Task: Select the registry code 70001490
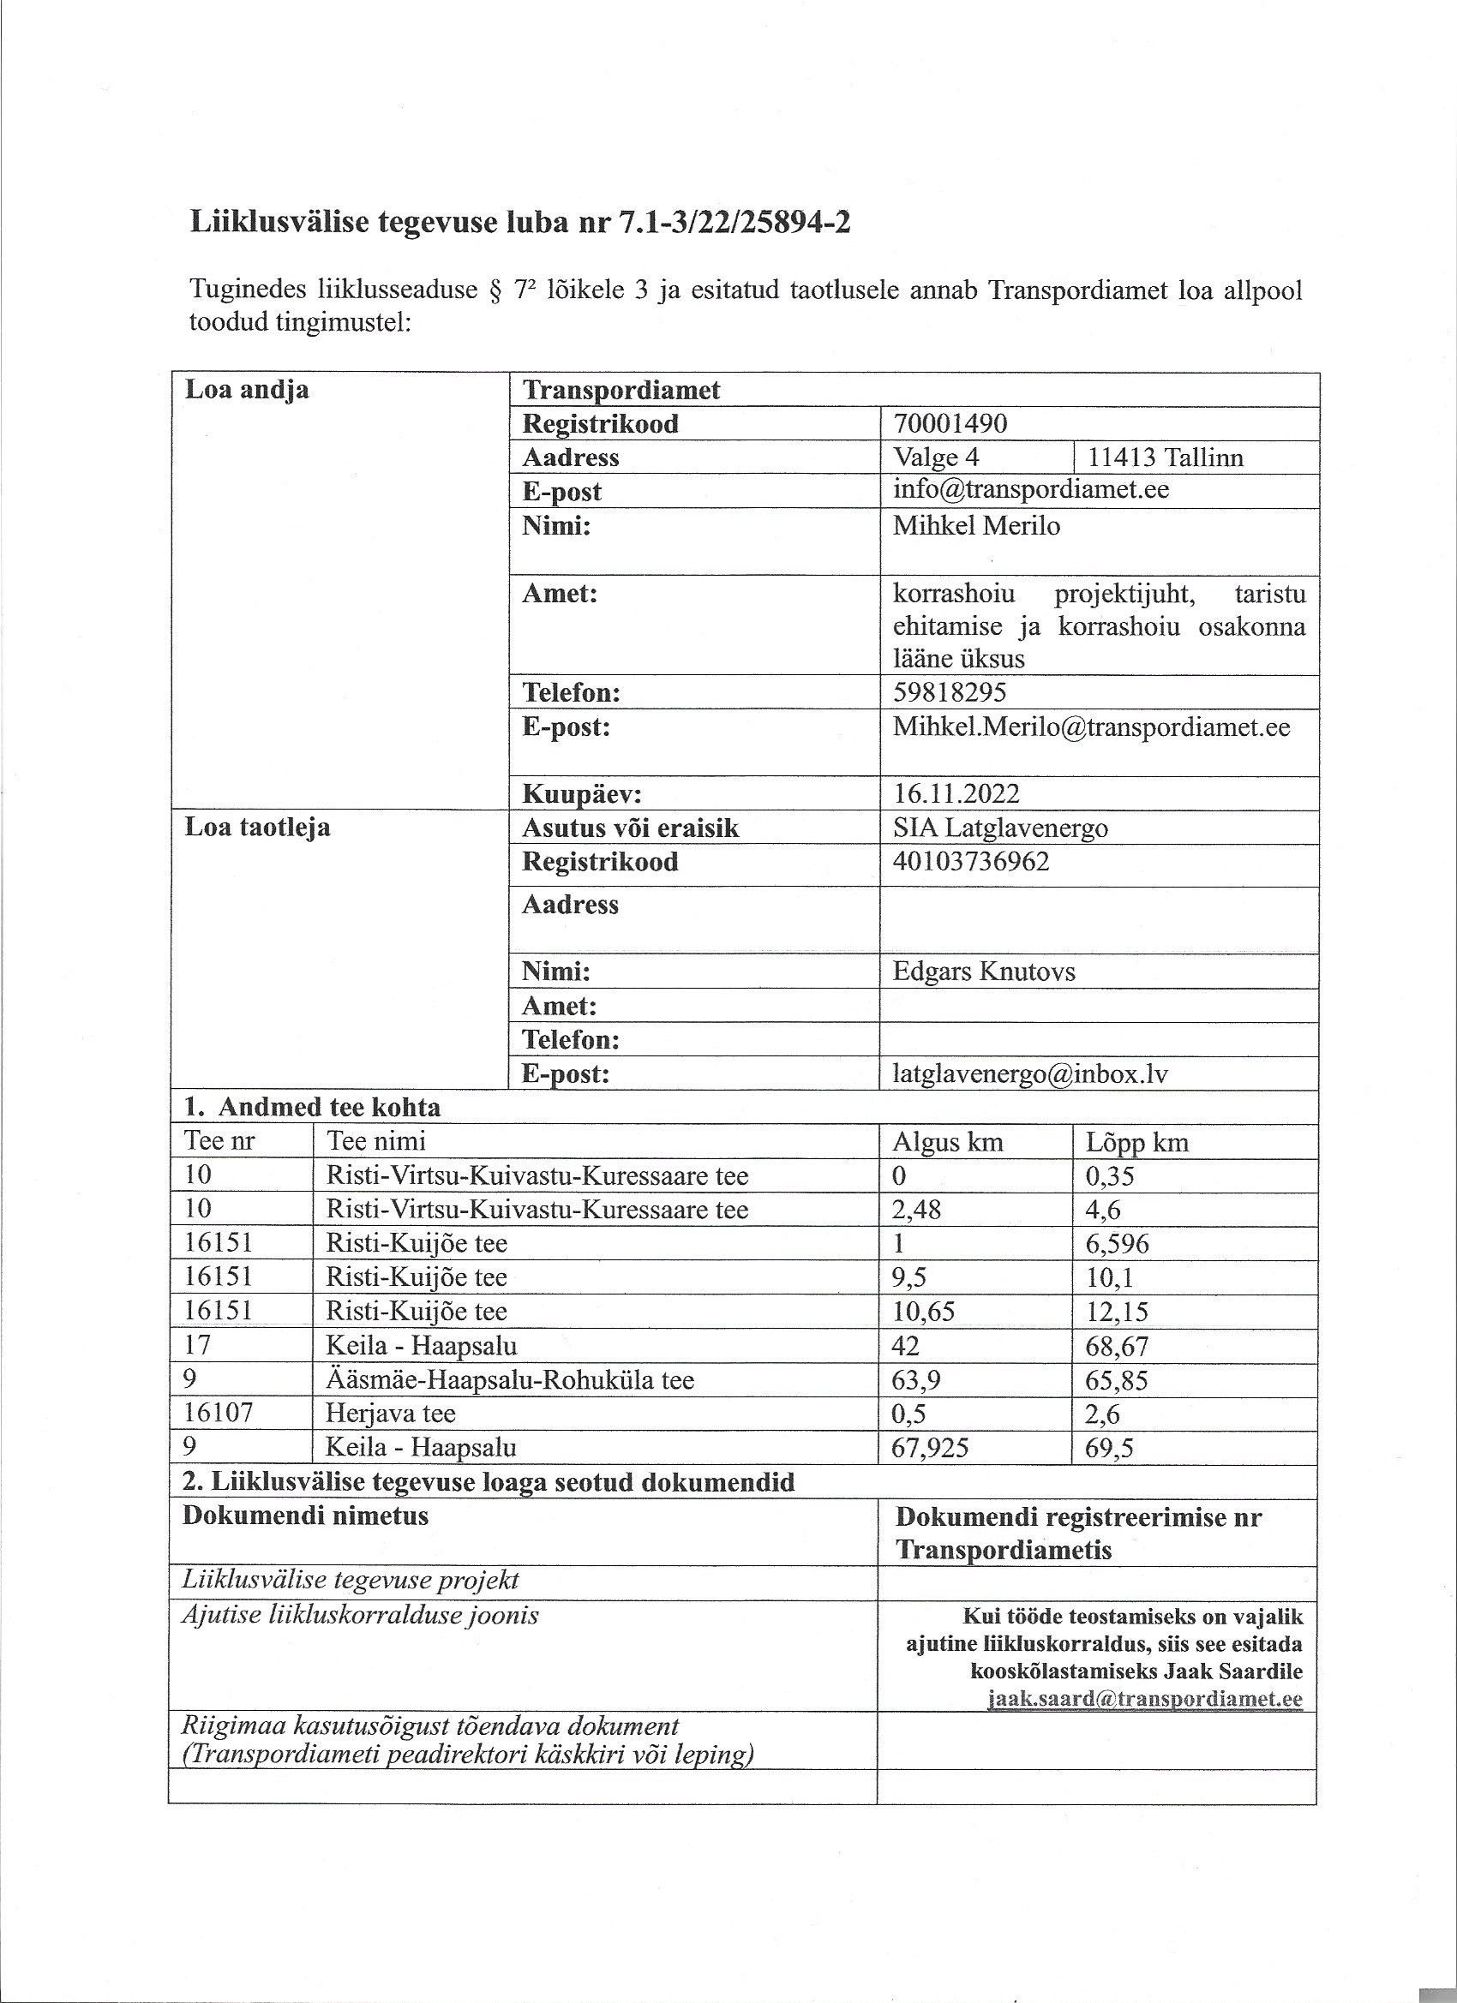[x=950, y=424]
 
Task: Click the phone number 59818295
[x=949, y=691]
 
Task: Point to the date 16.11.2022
[x=956, y=793]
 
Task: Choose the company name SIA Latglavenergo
[x=1000, y=828]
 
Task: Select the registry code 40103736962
[x=971, y=861]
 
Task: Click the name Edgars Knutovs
[x=983, y=972]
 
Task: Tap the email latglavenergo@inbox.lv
[x=1030, y=1074]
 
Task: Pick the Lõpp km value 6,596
[x=1117, y=1243]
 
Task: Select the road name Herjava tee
[x=391, y=1413]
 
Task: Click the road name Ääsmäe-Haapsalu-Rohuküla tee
[x=510, y=1379]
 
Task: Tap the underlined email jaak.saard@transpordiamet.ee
[x=1144, y=1699]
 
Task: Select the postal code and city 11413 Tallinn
[x=1165, y=457]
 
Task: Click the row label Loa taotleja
[x=257, y=828]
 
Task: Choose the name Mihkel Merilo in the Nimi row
[x=975, y=526]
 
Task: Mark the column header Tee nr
[x=219, y=1142]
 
